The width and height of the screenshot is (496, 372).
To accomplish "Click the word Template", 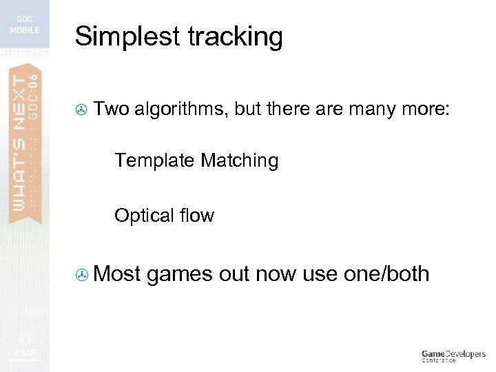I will click(154, 161).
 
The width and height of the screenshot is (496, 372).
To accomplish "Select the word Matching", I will click(240, 161).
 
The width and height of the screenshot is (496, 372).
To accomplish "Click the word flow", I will click(196, 216).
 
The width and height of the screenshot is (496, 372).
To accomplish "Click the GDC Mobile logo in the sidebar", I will click(25, 24).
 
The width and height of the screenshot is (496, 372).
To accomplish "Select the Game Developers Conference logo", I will click(453, 355).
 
